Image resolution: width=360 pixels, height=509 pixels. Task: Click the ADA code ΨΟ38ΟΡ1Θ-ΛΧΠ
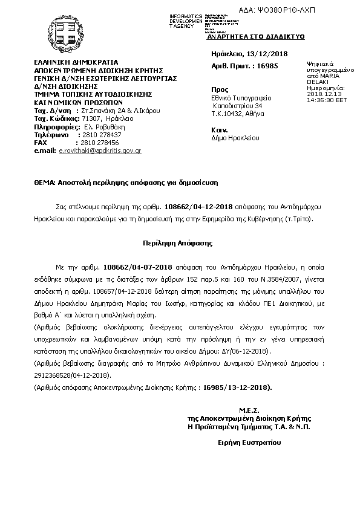point(321,11)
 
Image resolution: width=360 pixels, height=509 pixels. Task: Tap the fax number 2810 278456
point(99,142)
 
